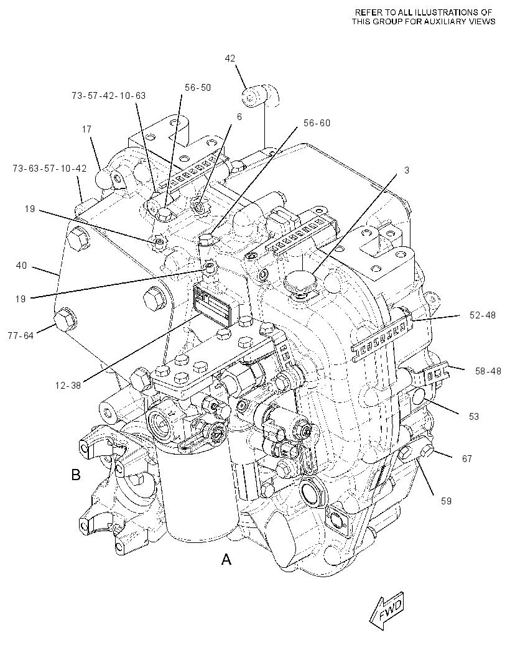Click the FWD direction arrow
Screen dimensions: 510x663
(386, 611)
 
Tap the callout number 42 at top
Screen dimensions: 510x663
(229, 58)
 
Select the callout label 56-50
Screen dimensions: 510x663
(198, 88)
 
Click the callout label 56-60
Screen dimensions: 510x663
(317, 123)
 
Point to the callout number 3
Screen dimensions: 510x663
(407, 170)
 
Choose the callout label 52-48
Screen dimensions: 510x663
(483, 315)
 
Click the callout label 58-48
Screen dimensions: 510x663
(488, 371)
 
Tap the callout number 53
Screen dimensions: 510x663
(474, 417)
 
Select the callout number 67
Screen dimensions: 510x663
(467, 459)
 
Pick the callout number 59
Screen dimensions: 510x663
(446, 501)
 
